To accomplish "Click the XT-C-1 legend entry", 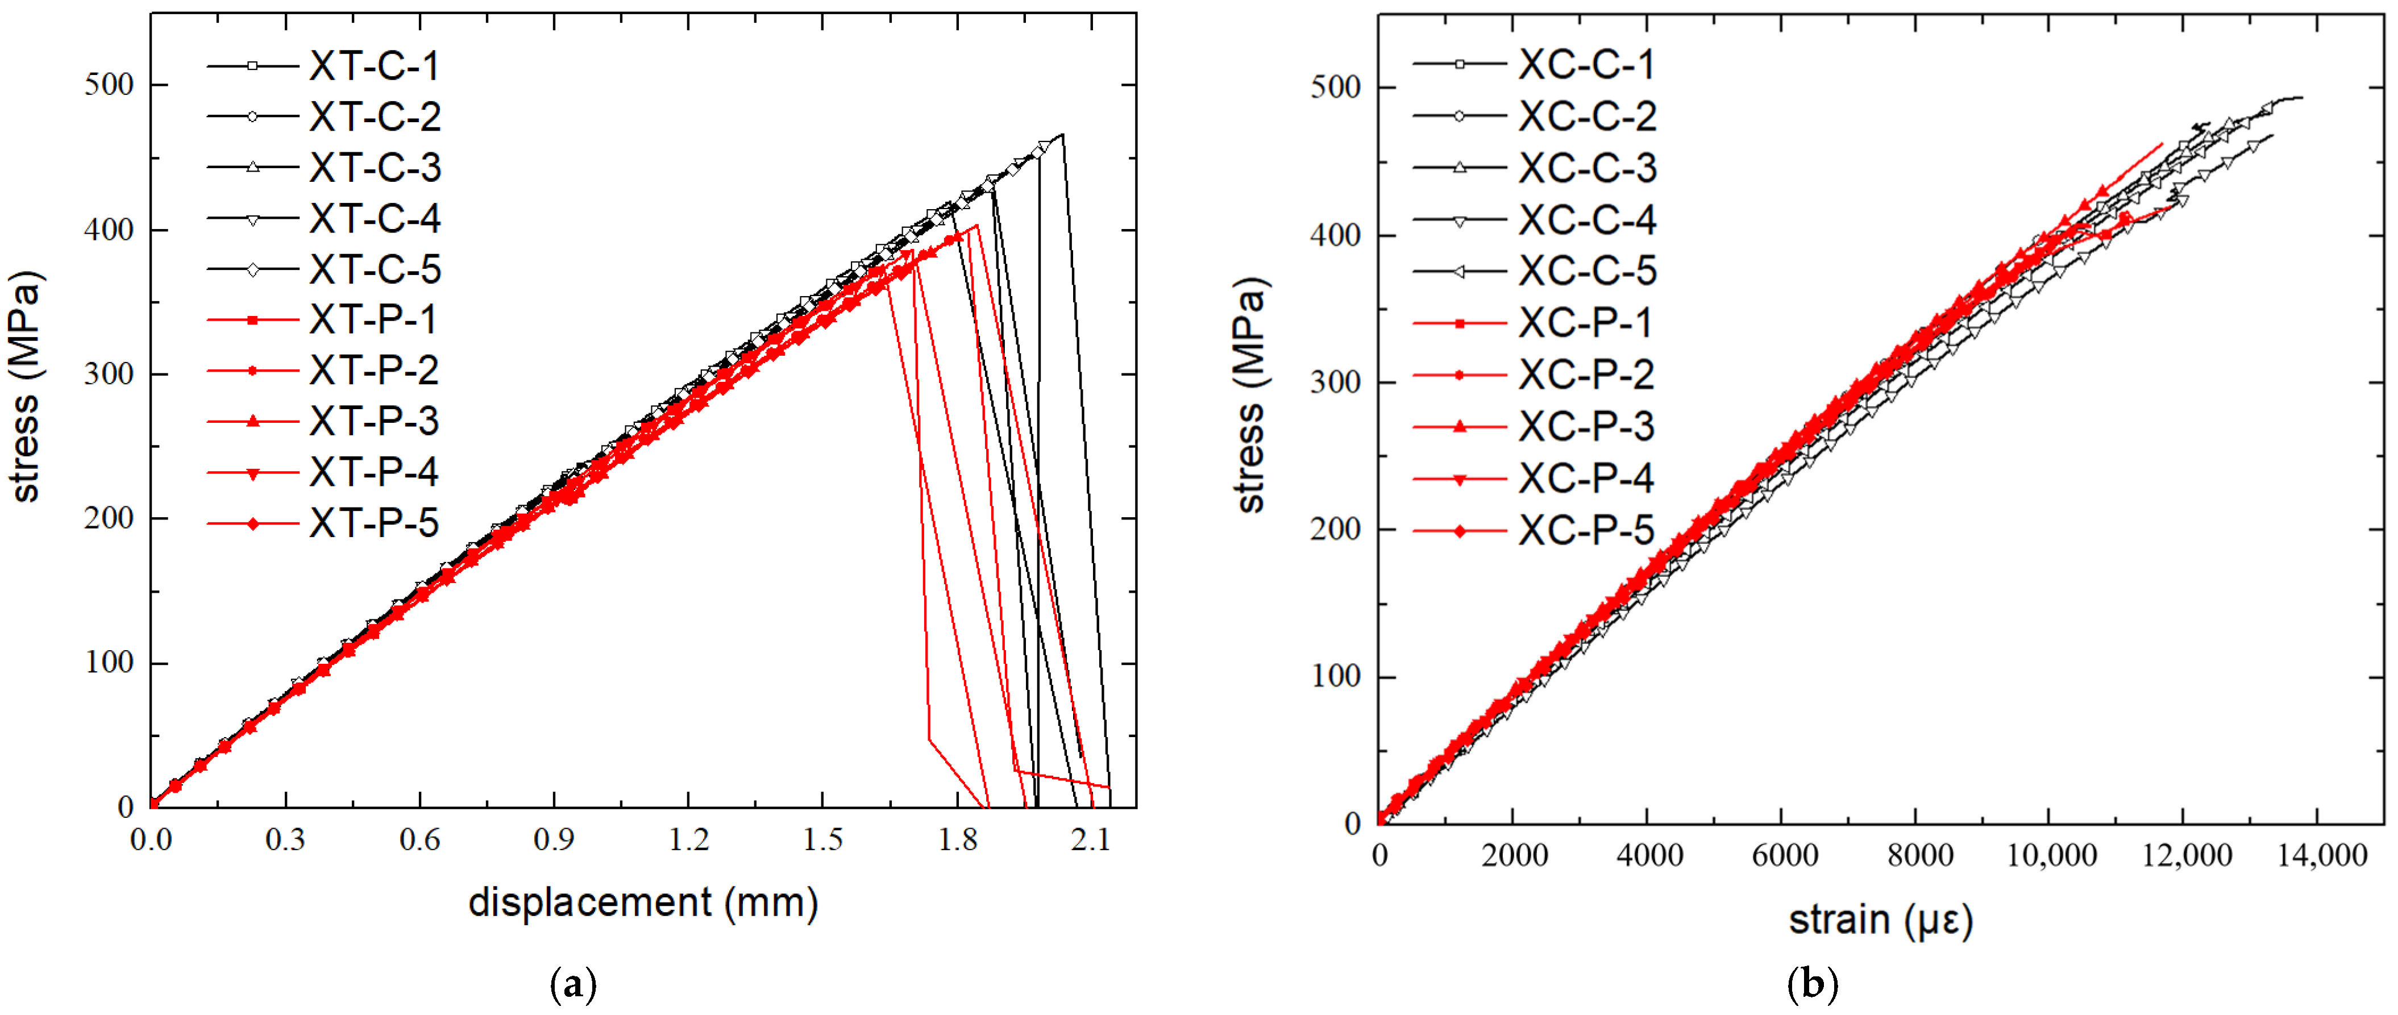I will pos(372,66).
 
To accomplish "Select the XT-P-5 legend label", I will pos(372,523).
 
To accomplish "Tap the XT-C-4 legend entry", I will pos(372,219).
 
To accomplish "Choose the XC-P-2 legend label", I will pos(1586,375).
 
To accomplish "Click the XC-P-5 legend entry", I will pos(1586,530).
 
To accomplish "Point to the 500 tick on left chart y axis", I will pos(109,85).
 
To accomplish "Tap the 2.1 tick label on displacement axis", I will pos(1090,840).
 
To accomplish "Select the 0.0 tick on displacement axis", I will pos(151,840).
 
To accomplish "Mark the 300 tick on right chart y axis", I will pos(1335,382).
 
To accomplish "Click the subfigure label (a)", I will pos(573,983).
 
